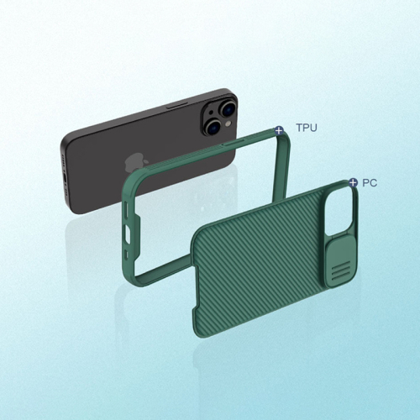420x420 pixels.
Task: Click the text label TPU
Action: click(307, 128)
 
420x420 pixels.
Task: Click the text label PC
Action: click(370, 183)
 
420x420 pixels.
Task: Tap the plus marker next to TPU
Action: click(279, 130)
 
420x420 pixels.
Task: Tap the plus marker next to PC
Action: click(354, 182)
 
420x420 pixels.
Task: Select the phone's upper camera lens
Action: click(228, 108)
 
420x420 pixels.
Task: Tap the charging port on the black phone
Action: click(65, 179)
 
